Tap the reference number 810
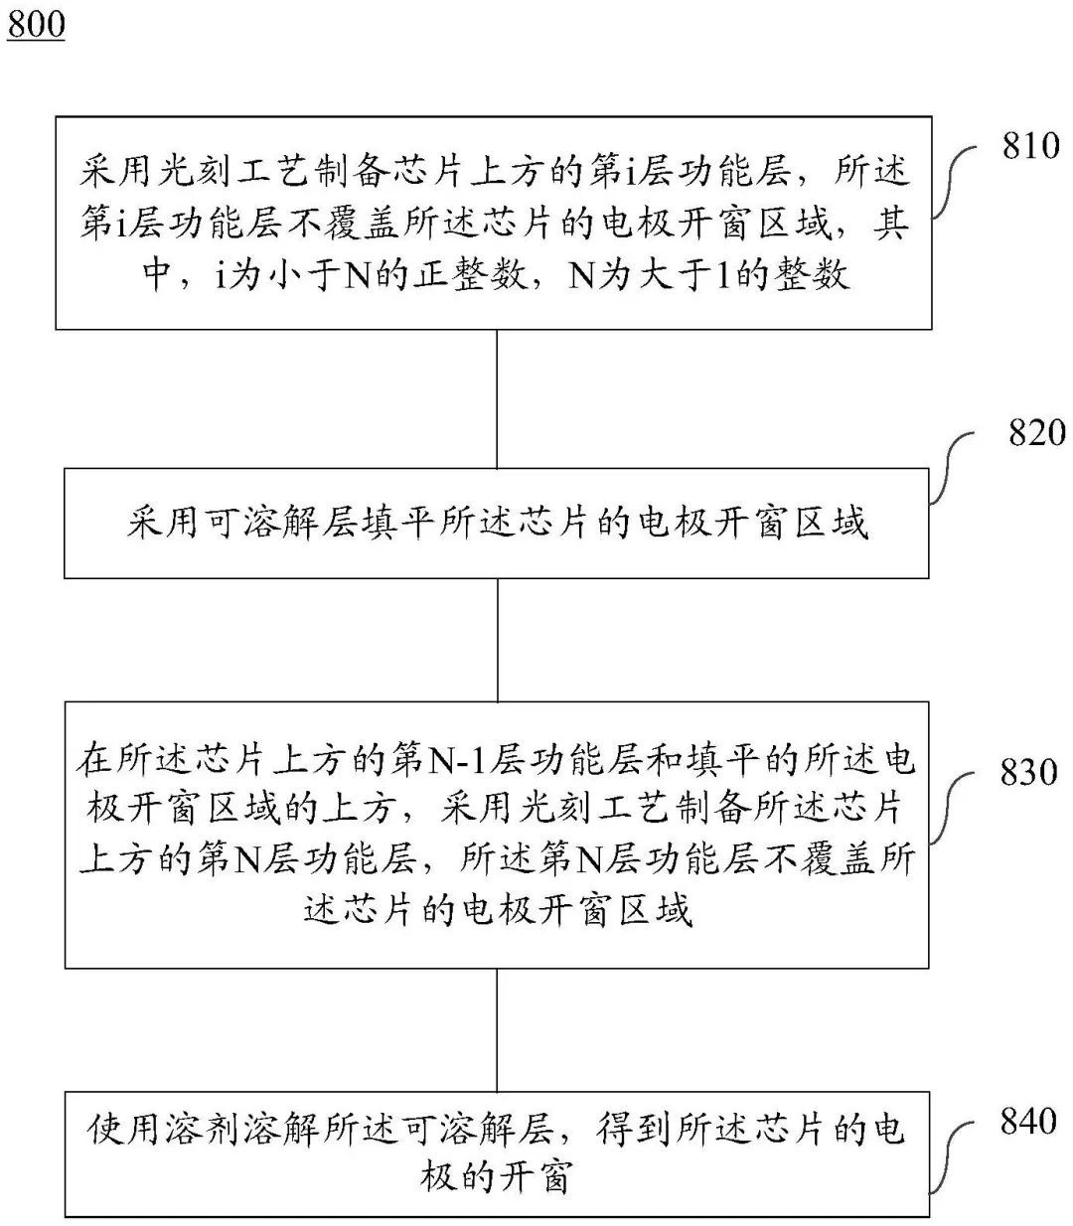(x=1031, y=147)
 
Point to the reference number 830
(x=1029, y=772)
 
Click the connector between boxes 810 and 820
(x=497, y=398)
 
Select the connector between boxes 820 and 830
(x=497, y=640)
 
